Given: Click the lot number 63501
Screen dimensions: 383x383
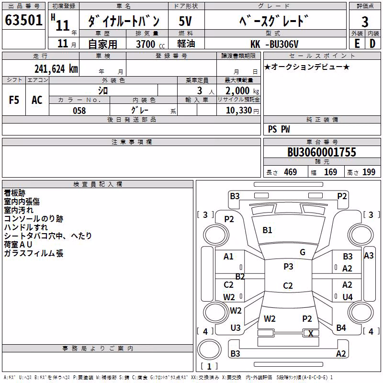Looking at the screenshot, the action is coord(23,20).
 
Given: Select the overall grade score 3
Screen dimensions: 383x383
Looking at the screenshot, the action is coord(365,22).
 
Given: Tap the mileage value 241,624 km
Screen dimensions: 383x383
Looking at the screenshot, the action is coord(56,69).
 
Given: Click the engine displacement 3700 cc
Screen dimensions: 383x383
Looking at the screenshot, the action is coord(150,44).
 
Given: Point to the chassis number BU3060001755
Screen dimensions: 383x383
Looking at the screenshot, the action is coord(322,152).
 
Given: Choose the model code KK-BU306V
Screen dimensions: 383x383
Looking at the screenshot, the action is coord(274,44).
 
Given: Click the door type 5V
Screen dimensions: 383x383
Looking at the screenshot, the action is coord(185,21).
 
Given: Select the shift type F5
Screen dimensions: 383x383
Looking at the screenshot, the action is coord(14,100).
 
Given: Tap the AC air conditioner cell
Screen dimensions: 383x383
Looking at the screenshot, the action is coord(37,100).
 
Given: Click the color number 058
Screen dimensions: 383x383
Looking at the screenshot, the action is coord(79,111).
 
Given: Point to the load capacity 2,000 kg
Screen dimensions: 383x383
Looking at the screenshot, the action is coord(242,90).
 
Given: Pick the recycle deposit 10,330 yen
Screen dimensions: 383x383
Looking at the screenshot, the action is coord(242,111).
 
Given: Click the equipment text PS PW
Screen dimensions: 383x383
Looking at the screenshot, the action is coord(279,129).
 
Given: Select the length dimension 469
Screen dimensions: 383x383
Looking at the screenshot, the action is coord(291,172).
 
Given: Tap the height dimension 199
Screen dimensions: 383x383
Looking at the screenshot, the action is coord(369,172).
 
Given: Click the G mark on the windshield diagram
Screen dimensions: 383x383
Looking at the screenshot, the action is coord(303,252).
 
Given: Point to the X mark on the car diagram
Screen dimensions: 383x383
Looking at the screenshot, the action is coord(311,333).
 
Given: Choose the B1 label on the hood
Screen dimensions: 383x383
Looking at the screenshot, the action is coord(267,230).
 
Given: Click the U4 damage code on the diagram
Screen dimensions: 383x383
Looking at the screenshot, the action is coord(348,297).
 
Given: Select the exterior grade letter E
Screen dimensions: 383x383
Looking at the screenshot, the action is coord(357,44).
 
